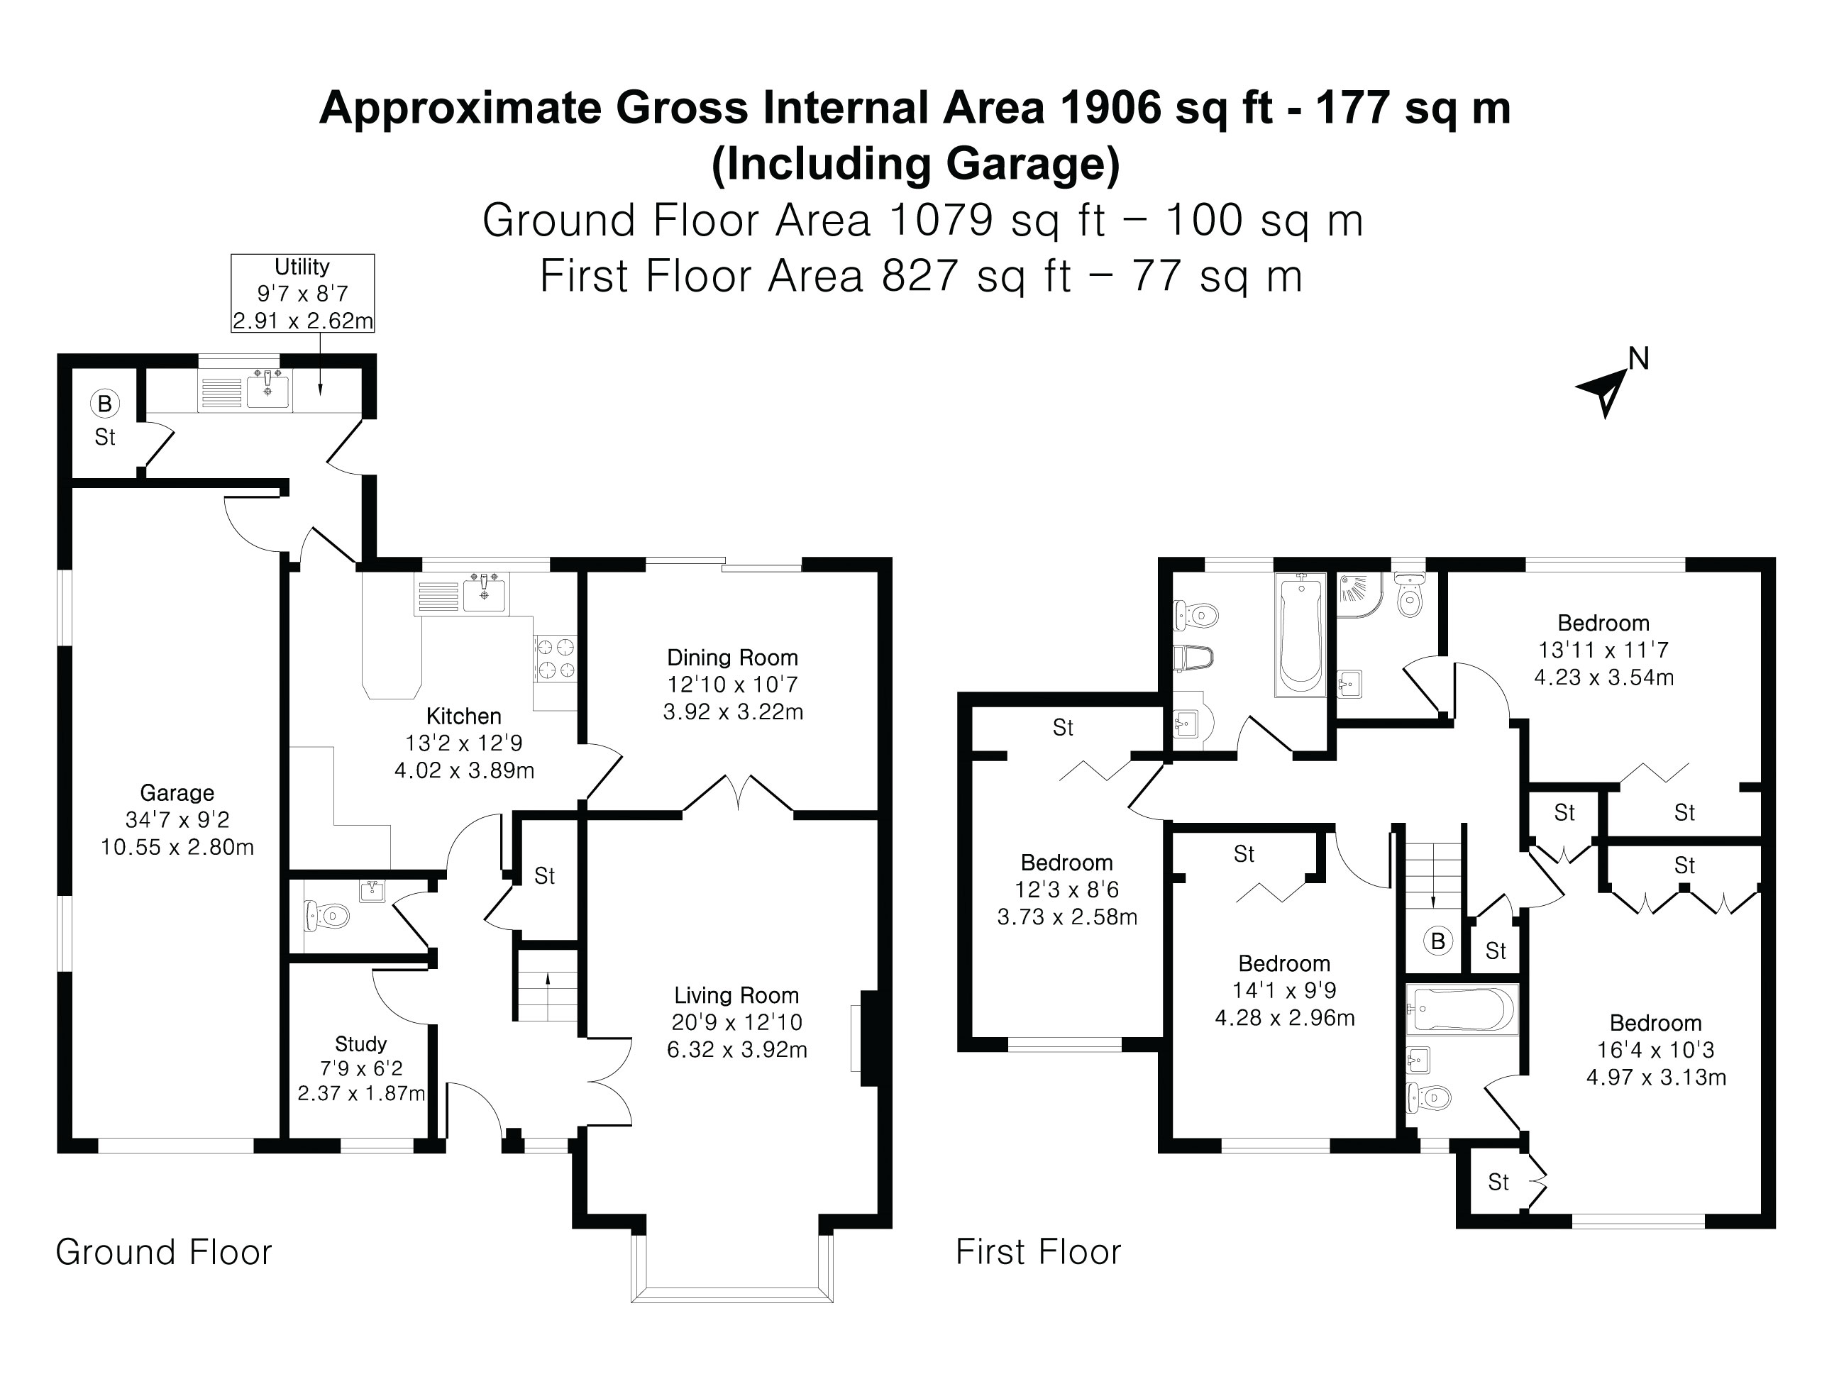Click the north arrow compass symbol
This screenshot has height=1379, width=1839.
(x=1605, y=390)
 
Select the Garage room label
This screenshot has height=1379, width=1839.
(x=177, y=792)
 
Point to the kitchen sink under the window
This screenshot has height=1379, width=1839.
(x=485, y=592)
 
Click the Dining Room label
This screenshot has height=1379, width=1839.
(x=732, y=658)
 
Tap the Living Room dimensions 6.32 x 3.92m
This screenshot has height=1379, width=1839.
(x=736, y=1050)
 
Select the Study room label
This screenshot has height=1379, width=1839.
(x=361, y=1044)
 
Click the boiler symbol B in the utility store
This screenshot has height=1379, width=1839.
(x=105, y=404)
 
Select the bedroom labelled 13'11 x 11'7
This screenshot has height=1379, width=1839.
(x=1603, y=649)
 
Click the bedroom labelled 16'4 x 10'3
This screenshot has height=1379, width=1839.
(x=1655, y=1050)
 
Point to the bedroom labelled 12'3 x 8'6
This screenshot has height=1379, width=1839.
(x=1066, y=890)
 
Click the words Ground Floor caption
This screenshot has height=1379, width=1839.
(x=164, y=1252)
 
